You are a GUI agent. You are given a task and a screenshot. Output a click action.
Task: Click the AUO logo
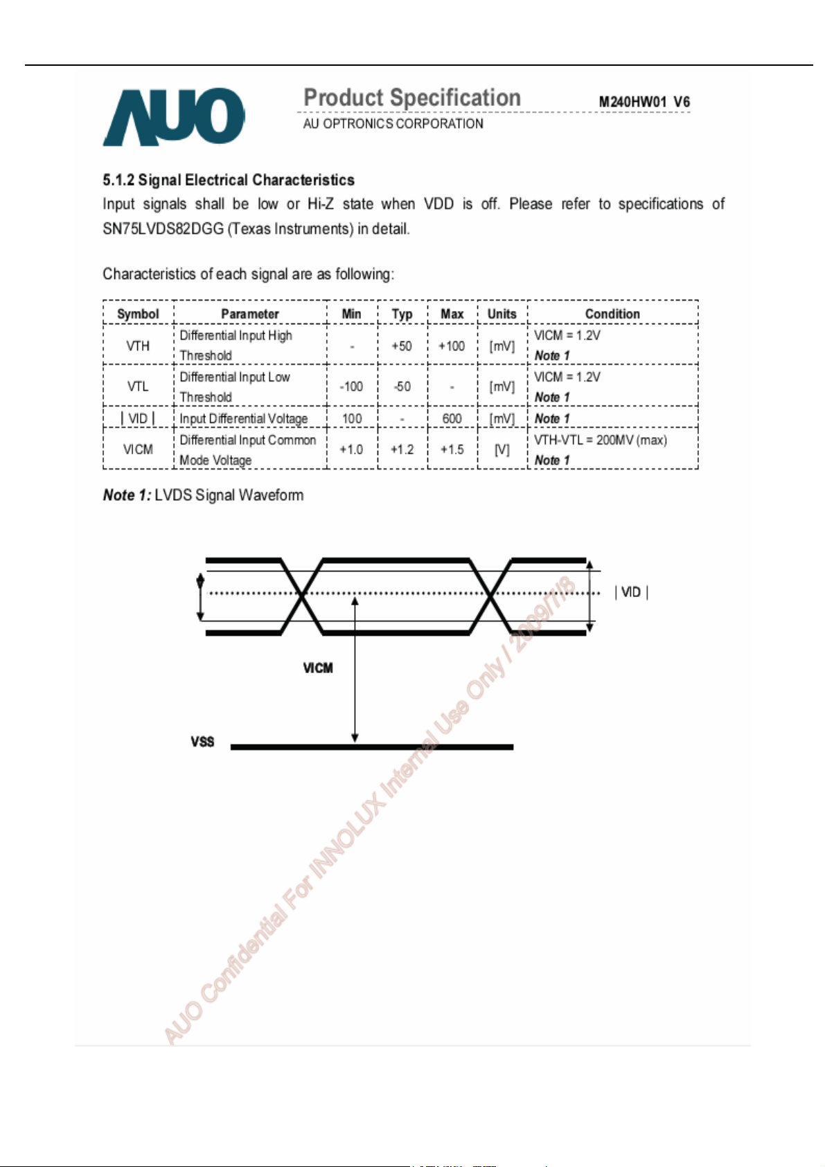pyautogui.click(x=174, y=116)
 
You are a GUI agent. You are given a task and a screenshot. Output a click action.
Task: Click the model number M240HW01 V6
pyautogui.click(x=644, y=102)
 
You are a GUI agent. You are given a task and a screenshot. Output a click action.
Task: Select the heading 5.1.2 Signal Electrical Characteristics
pyautogui.click(x=229, y=180)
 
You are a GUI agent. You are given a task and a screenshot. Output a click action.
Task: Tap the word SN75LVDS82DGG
pyautogui.click(x=163, y=229)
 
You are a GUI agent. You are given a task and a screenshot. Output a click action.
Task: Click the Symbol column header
pyautogui.click(x=138, y=314)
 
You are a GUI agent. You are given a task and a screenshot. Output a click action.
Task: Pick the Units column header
pyautogui.click(x=502, y=314)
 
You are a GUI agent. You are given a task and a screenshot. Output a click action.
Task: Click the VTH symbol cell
pyautogui.click(x=138, y=346)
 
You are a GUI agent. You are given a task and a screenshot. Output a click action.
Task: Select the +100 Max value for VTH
pyautogui.click(x=452, y=346)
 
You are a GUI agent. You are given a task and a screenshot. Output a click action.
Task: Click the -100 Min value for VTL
pyautogui.click(x=351, y=386)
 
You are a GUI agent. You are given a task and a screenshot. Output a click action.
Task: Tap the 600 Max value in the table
pyautogui.click(x=452, y=418)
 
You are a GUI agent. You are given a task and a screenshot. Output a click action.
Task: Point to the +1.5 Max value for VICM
pyautogui.click(x=452, y=449)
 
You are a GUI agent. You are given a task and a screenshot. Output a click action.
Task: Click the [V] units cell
pyautogui.click(x=502, y=449)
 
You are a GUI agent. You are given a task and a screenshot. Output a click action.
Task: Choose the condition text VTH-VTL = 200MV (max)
pyautogui.click(x=601, y=440)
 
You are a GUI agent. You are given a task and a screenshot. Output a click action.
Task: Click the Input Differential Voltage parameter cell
pyautogui.click(x=244, y=418)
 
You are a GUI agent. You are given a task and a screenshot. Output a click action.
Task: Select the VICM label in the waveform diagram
pyautogui.click(x=318, y=668)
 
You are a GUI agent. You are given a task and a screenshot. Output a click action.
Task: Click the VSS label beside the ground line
pyautogui.click(x=202, y=742)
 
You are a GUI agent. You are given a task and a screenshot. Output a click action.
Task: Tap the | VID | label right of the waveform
pyautogui.click(x=631, y=592)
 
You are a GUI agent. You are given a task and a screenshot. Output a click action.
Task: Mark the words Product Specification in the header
pyautogui.click(x=412, y=98)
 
